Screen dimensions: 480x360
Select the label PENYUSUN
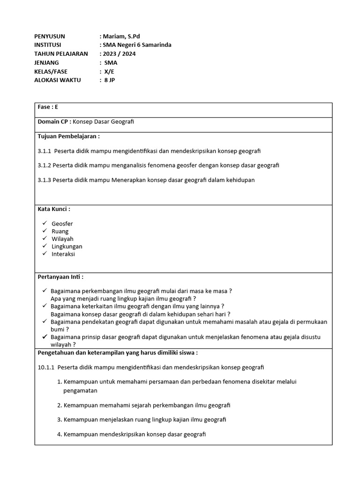tap(50, 36)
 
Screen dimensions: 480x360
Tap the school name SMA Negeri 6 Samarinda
tap(138, 45)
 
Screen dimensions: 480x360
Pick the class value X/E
tap(109, 71)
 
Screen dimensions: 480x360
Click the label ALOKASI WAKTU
tap(58, 80)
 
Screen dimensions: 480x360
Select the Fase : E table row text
tap(48, 107)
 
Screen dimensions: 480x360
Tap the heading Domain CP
tap(54, 121)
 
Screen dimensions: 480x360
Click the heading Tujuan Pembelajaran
tap(68, 136)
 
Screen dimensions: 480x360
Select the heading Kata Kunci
tap(53, 209)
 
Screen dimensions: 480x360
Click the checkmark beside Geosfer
tap(44, 224)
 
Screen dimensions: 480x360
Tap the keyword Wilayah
tap(62, 239)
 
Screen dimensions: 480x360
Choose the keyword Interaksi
tap(63, 254)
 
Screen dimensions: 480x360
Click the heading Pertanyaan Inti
tap(60, 277)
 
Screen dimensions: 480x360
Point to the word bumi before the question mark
tap(57, 330)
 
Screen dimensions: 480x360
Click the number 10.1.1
tap(46, 367)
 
